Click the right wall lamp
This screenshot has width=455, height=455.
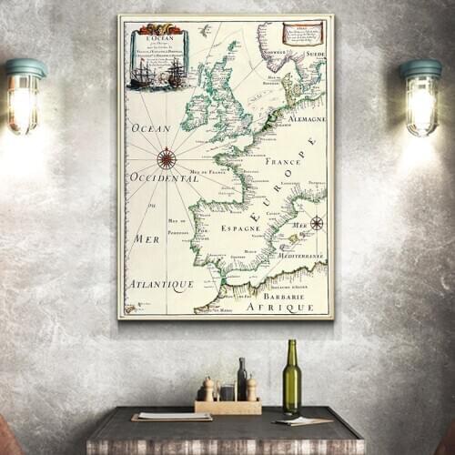[420, 97]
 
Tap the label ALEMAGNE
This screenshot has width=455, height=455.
[308, 118]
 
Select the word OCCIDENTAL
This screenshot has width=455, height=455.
[164, 177]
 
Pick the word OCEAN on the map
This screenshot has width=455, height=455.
[151, 128]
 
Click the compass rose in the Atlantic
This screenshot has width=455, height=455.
[167, 158]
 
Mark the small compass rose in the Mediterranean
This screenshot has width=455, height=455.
[316, 223]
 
